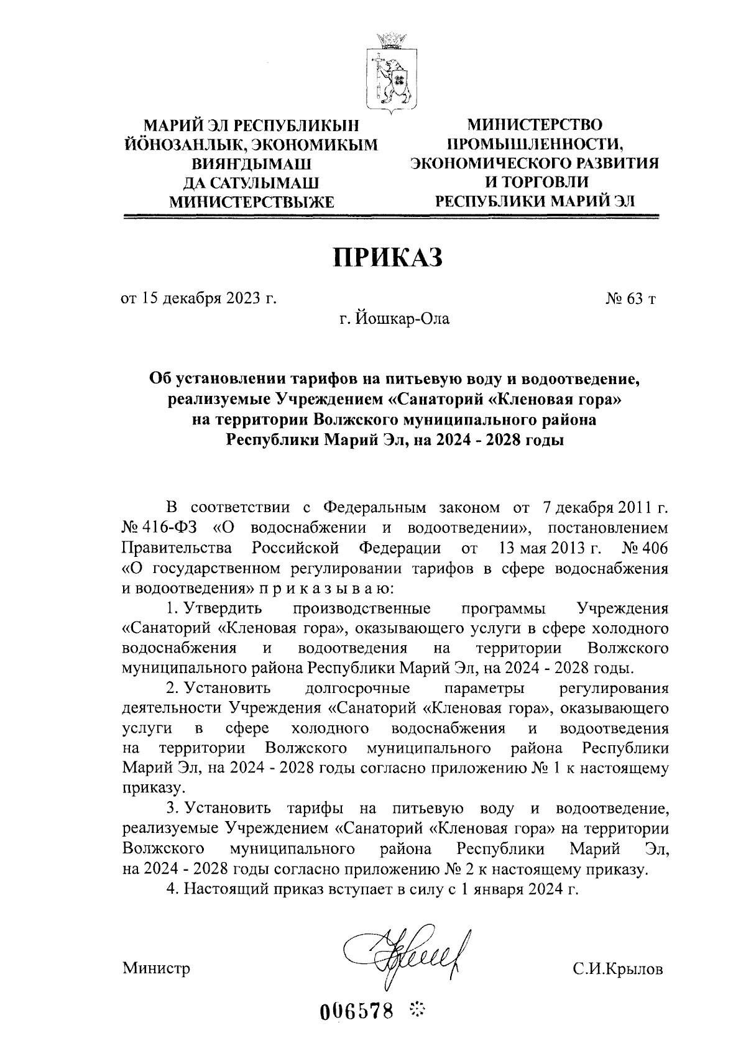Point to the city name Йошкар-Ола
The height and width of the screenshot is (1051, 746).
[x=402, y=319]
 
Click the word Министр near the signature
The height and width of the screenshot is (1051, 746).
[x=156, y=968]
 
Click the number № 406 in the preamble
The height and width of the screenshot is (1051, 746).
[x=645, y=548]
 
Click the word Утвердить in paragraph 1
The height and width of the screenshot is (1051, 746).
[x=226, y=607]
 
